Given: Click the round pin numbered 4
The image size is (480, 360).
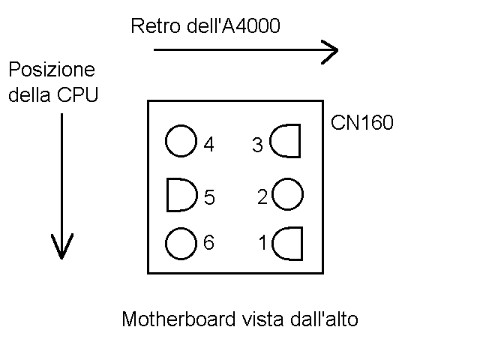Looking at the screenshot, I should pos(180,142).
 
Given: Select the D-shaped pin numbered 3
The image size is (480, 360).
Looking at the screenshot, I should pos(286,142).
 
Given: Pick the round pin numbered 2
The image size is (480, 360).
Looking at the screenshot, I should pos(288,195).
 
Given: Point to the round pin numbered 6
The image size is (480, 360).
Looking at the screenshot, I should pos(180,243).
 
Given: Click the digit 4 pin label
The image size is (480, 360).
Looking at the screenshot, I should pos(208,145).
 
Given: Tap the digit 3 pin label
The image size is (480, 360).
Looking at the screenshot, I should pos(257,145).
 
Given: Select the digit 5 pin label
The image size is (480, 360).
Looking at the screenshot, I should pos(209,198).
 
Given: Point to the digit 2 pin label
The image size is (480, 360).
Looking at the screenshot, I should pos(262,198).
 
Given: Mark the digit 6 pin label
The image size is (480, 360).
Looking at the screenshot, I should pos(208,243).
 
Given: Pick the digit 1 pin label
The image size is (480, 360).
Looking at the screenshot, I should pos(262,243).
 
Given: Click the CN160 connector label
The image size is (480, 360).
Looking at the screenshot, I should pos(362,122).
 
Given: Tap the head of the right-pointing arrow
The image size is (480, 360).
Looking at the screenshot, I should pos(330,51).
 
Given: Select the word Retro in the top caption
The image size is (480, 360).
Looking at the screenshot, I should pos(152,27).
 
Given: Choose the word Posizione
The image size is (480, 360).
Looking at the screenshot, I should pos(52,70).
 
